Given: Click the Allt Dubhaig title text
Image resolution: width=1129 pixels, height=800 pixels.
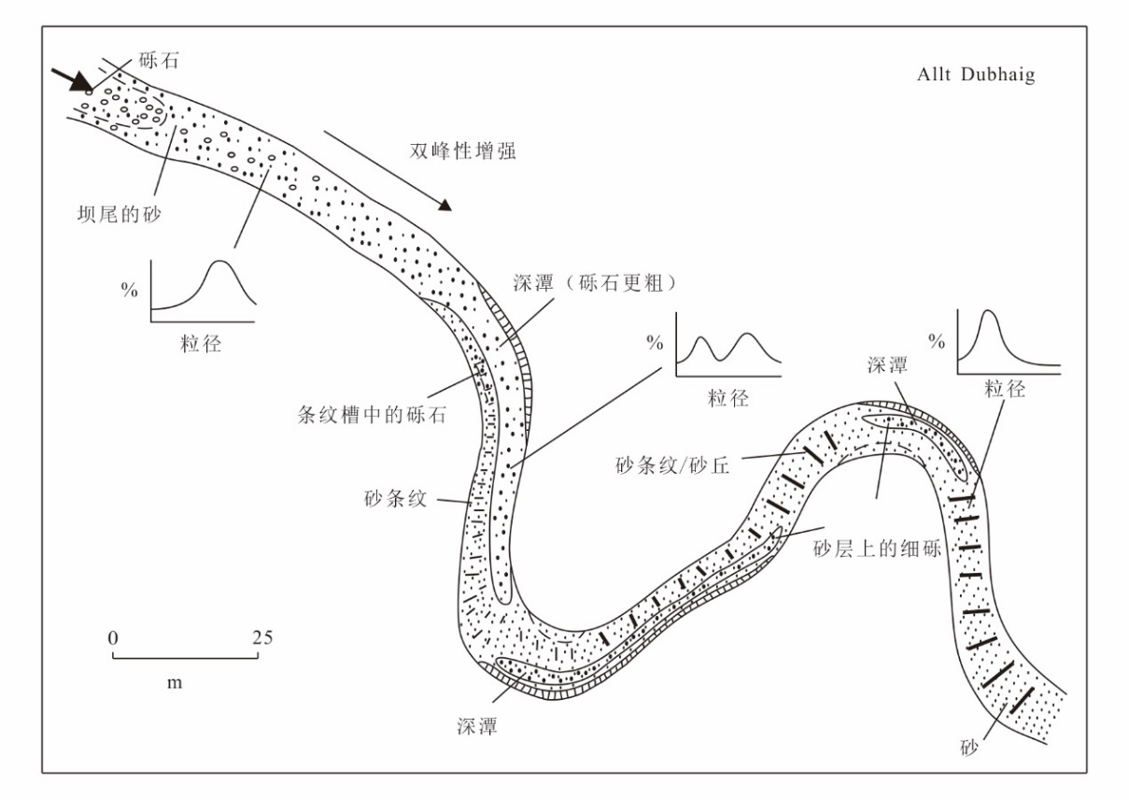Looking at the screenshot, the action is (976, 75).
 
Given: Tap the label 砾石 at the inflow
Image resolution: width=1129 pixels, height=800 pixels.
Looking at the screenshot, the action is (158, 61).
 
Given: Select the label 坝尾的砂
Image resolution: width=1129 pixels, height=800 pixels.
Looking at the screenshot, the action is (119, 214).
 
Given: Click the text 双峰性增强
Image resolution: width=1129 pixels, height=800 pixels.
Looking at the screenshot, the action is (462, 150).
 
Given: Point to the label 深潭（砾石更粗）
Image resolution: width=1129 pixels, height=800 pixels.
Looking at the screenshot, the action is (595, 283).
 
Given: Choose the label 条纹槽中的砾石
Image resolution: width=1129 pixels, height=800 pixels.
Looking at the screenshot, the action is (372, 415).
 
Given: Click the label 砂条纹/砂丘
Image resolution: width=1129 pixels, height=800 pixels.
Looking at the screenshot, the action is (672, 465).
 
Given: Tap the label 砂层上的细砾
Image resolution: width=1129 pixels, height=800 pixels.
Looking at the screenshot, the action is (878, 549).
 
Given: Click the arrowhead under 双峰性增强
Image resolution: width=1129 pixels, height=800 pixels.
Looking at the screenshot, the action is (445, 205).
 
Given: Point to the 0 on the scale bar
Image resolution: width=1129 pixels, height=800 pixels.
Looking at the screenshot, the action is (113, 638).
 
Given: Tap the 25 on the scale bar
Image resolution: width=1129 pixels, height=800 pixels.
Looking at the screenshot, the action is (262, 637).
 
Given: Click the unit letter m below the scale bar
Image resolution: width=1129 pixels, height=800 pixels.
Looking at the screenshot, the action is (175, 683).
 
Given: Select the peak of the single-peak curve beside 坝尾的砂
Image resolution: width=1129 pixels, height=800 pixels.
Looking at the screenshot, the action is (219, 261).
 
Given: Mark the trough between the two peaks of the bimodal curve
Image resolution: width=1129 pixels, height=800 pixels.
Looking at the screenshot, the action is (721, 360).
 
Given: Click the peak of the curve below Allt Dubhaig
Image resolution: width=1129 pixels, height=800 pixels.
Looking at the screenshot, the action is (988, 310).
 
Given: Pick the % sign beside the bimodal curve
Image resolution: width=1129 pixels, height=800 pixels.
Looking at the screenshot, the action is (655, 344).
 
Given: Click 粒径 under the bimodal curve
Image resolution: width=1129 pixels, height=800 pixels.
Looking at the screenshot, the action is (728, 398).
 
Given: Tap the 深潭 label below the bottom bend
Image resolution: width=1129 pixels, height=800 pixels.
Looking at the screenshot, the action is (477, 726).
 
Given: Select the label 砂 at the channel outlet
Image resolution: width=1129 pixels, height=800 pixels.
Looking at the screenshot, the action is (968, 748).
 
